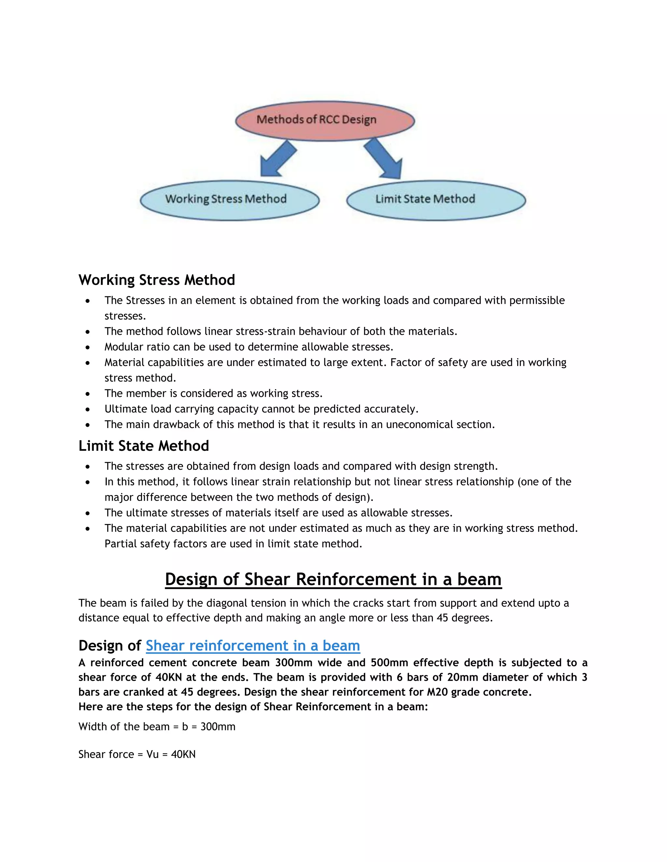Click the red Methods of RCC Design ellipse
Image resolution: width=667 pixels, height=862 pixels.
[x=324, y=120]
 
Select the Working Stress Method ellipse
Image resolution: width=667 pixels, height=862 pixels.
[x=230, y=200]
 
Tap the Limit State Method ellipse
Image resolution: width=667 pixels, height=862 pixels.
[x=436, y=200]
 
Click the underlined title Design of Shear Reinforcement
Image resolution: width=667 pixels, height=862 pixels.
[x=333, y=579]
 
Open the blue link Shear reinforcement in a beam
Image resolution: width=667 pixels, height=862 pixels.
[x=253, y=646]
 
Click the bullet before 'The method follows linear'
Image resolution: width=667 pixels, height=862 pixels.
[x=88, y=332]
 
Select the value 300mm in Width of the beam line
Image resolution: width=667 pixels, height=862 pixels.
[x=218, y=727]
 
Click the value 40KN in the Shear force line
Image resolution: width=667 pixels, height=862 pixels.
[x=183, y=754]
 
